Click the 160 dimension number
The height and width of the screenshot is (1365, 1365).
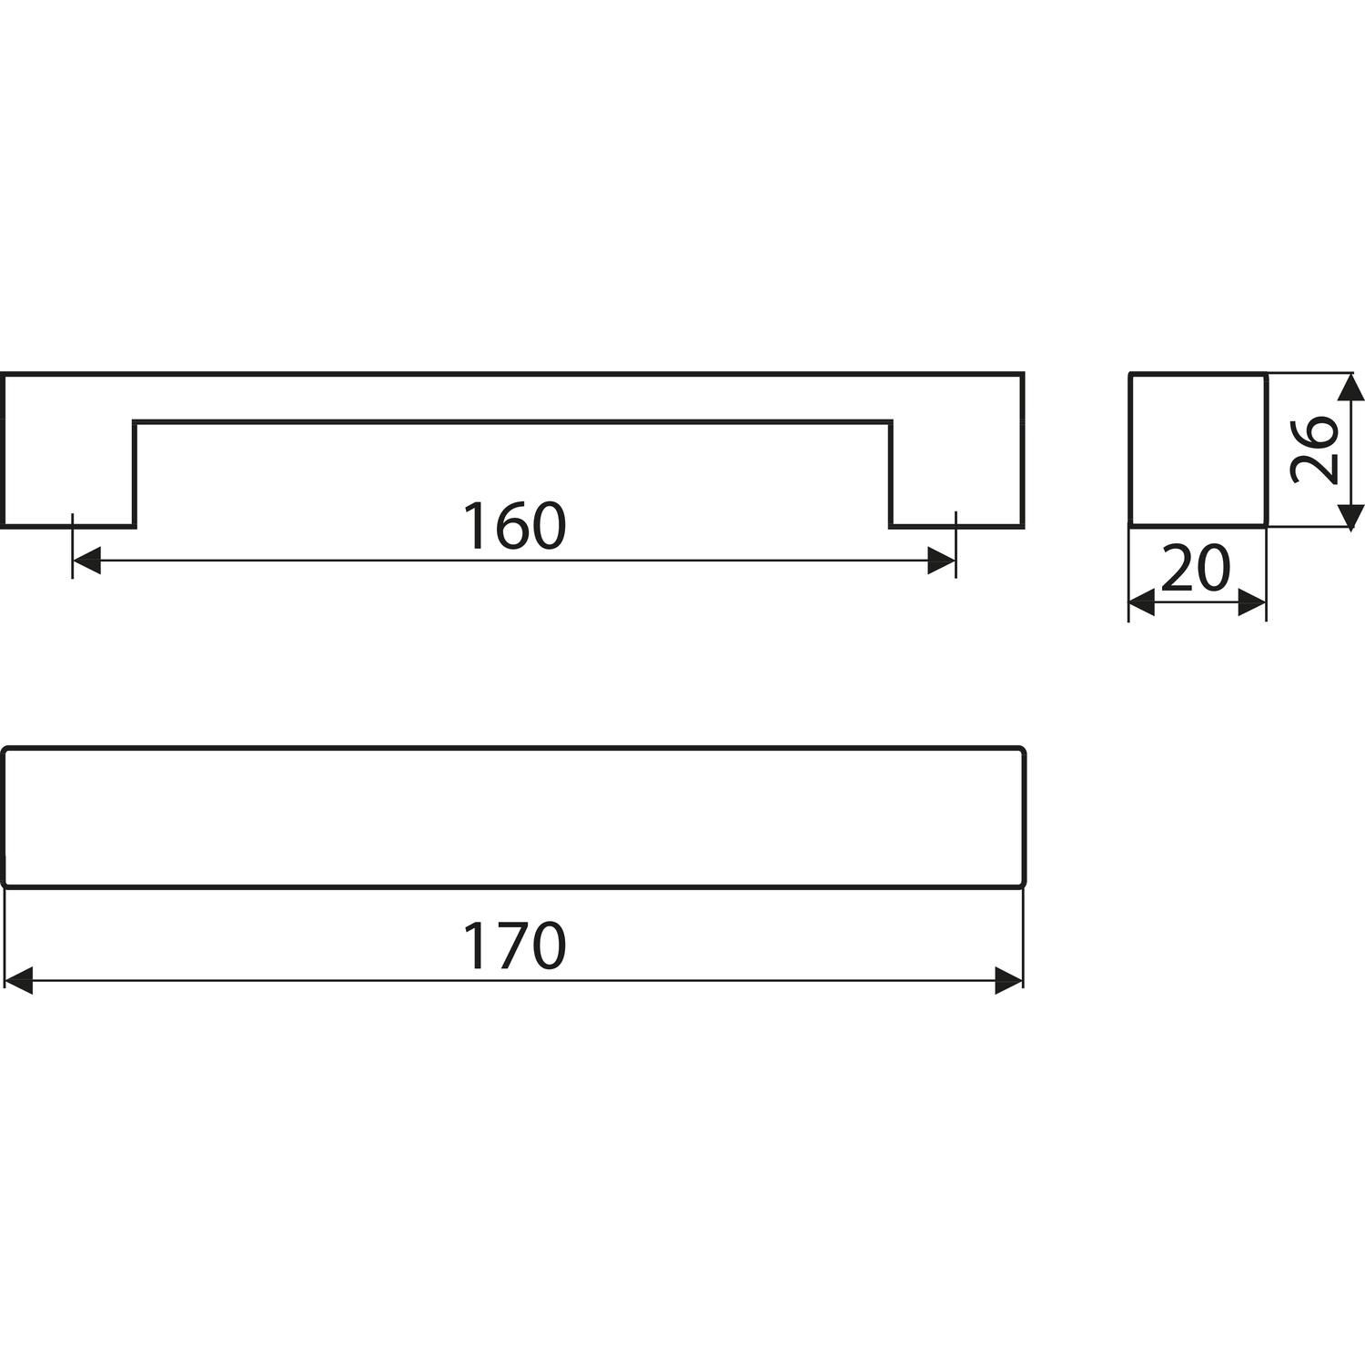tap(514, 526)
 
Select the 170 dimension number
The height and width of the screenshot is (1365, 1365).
tap(514, 945)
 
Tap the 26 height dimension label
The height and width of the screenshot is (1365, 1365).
tap(1313, 450)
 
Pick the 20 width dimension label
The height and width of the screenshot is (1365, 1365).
tap(1196, 568)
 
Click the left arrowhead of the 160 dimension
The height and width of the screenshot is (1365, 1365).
tap(86, 561)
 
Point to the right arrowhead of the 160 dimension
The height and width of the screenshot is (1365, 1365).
tap(942, 561)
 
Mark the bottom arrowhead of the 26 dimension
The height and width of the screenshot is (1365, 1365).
tap(1351, 513)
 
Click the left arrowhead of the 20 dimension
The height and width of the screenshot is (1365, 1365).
tap(1142, 602)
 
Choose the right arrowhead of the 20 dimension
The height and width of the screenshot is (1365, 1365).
tap(1253, 602)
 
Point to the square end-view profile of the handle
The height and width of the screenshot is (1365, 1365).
tap(1198, 450)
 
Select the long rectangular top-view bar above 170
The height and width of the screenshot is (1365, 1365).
tap(514, 816)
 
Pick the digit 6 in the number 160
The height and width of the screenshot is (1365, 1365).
tap(514, 526)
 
